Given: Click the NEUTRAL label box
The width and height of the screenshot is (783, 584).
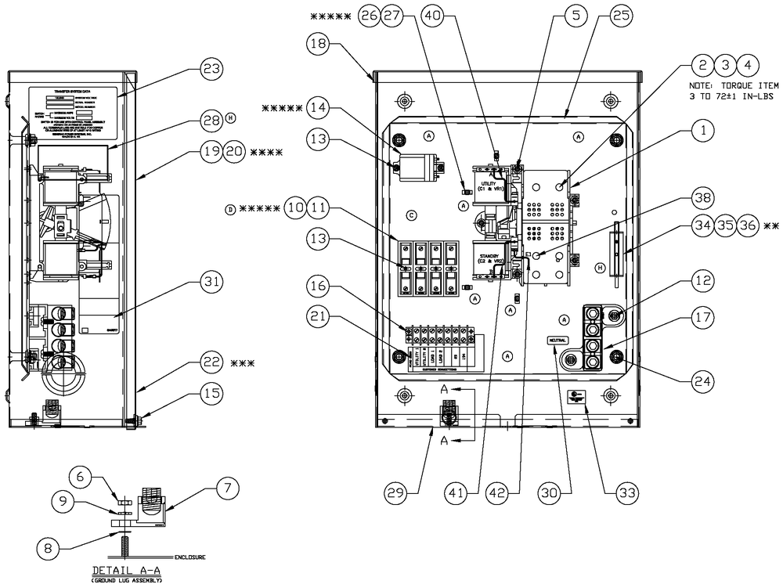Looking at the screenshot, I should point(557,341).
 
